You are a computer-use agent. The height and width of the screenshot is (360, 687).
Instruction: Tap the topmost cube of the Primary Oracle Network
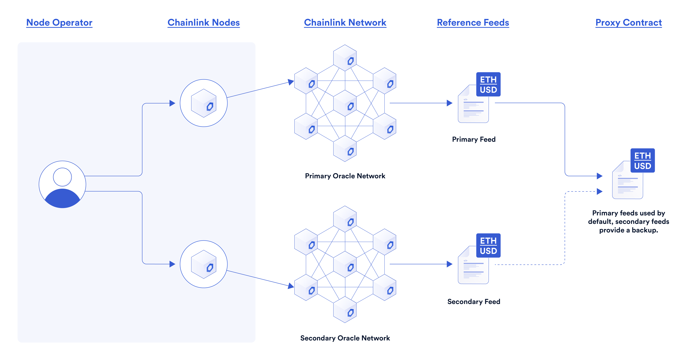pos(345,58)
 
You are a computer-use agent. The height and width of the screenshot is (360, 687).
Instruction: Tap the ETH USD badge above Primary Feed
pos(488,84)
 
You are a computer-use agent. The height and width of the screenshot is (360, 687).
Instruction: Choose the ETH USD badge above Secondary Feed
pos(488,246)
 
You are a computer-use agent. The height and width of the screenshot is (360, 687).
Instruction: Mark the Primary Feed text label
pos(474,139)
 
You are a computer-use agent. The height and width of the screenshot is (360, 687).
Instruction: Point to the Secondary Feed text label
pos(474,302)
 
